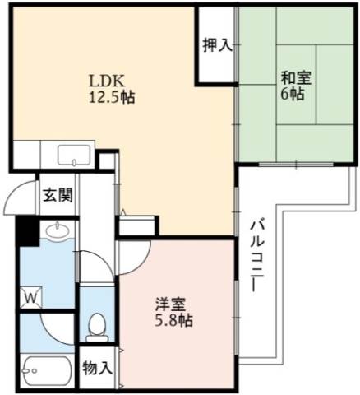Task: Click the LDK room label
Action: pyautogui.click(x=106, y=81)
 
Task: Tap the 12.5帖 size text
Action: pyautogui.click(x=112, y=97)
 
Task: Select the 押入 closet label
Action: pyautogui.click(x=218, y=45)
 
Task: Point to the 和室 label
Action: pyautogui.click(x=297, y=77)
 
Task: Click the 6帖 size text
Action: pyautogui.click(x=292, y=94)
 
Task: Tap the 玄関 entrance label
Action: pyautogui.click(x=58, y=195)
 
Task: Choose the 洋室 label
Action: pyautogui.click(x=171, y=304)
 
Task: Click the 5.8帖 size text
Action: pyautogui.click(x=173, y=320)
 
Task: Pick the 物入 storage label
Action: pyautogui.click(x=98, y=368)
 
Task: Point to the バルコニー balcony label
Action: pyautogui.click(x=257, y=254)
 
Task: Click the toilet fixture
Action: pyautogui.click(x=97, y=328)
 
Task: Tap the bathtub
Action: pyautogui.click(x=48, y=371)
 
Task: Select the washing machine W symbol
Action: pyautogui.click(x=31, y=297)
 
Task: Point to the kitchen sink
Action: pyautogui.click(x=74, y=155)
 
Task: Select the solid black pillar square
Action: pyautogui.click(x=27, y=231)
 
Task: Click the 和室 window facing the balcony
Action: pyautogui.click(x=296, y=165)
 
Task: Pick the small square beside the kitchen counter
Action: pyautogui.click(x=106, y=161)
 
